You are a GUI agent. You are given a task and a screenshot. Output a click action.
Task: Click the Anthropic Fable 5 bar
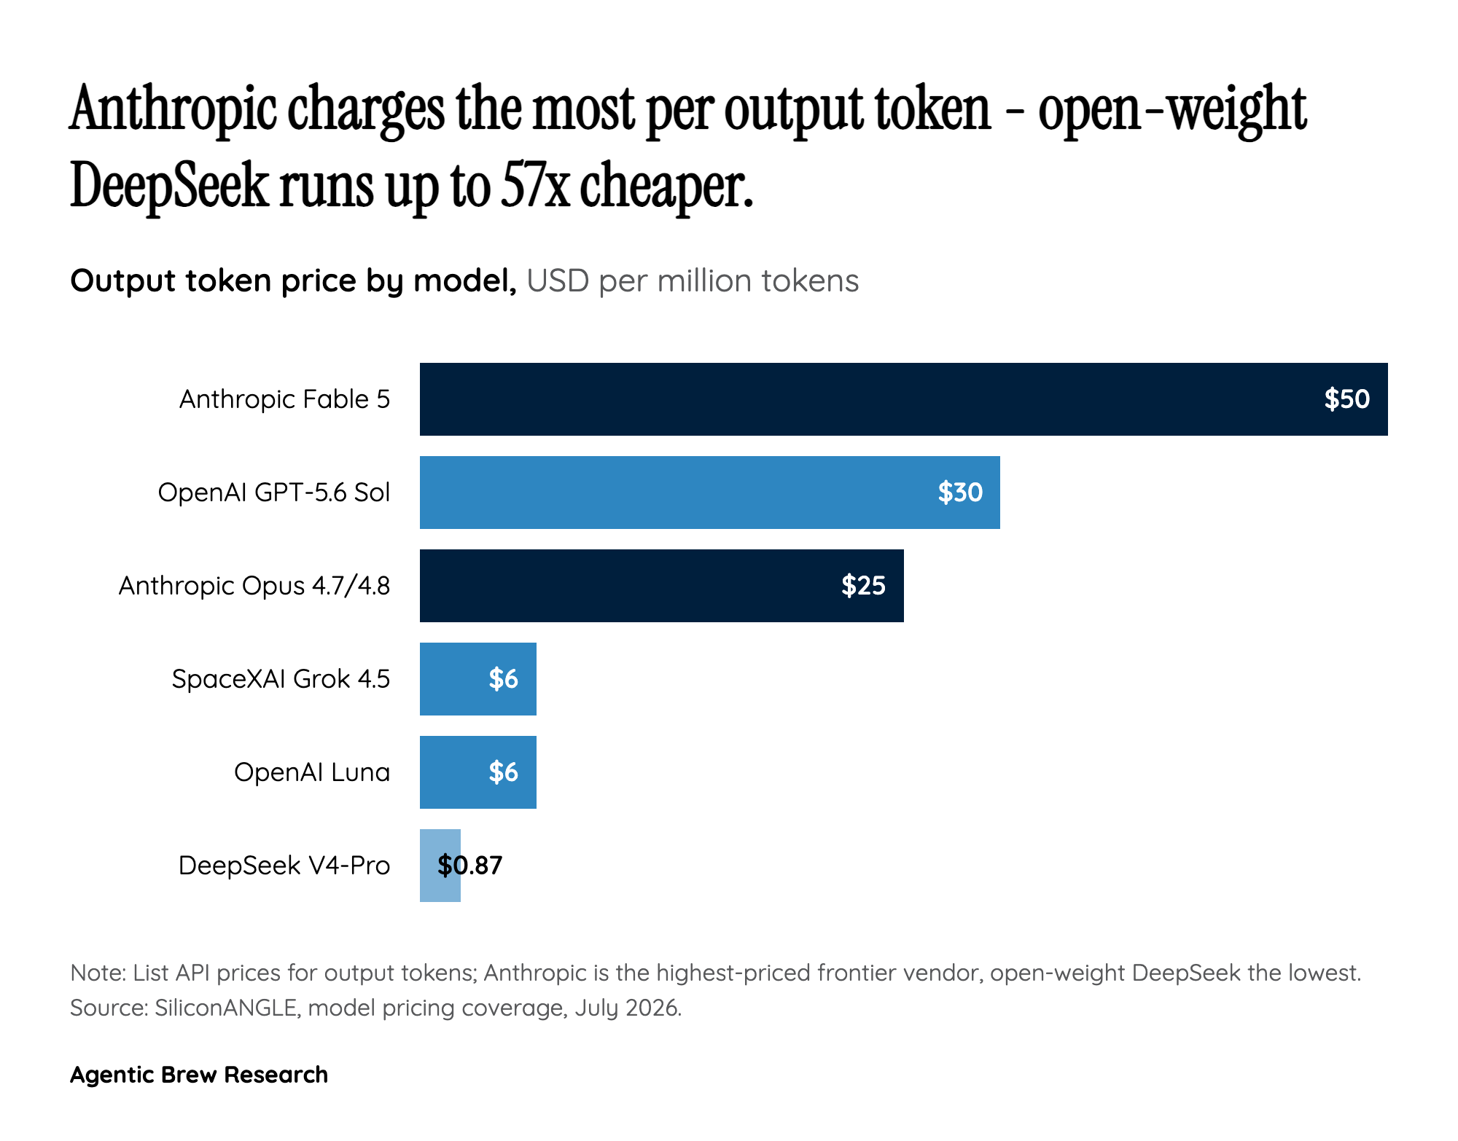pos(904,399)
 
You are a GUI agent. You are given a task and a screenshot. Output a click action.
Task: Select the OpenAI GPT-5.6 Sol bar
pos(710,493)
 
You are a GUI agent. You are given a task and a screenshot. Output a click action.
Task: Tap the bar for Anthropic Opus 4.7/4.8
pos(662,586)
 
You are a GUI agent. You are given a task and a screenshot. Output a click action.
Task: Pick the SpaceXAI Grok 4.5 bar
pos(478,679)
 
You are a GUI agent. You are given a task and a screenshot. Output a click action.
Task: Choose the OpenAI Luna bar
pos(478,772)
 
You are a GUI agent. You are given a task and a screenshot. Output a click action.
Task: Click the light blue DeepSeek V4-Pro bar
pos(440,866)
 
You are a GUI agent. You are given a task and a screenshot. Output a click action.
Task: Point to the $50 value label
pos(1347,399)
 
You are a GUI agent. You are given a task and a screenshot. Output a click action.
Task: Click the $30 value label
pos(960,493)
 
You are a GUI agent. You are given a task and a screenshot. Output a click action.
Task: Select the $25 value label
pos(864,586)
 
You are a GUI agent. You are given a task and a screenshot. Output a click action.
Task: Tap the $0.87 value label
pos(470,866)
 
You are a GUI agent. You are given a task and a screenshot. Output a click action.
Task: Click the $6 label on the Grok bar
pos(504,679)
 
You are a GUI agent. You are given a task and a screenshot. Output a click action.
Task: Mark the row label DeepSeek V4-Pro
pos(284,866)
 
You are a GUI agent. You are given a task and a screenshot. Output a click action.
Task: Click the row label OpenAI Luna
pos(312,772)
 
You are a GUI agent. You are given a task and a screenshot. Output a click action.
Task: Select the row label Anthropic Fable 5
pos(285,399)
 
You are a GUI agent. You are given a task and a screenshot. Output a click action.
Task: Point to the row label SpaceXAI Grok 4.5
pos(281,679)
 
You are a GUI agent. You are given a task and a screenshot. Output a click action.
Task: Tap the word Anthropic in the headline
pos(174,109)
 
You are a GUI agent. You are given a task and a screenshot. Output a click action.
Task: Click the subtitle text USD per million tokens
pos(693,281)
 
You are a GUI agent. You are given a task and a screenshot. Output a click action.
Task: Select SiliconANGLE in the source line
pos(226,1008)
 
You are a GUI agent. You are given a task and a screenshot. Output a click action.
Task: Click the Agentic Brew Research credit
pos(199,1075)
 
